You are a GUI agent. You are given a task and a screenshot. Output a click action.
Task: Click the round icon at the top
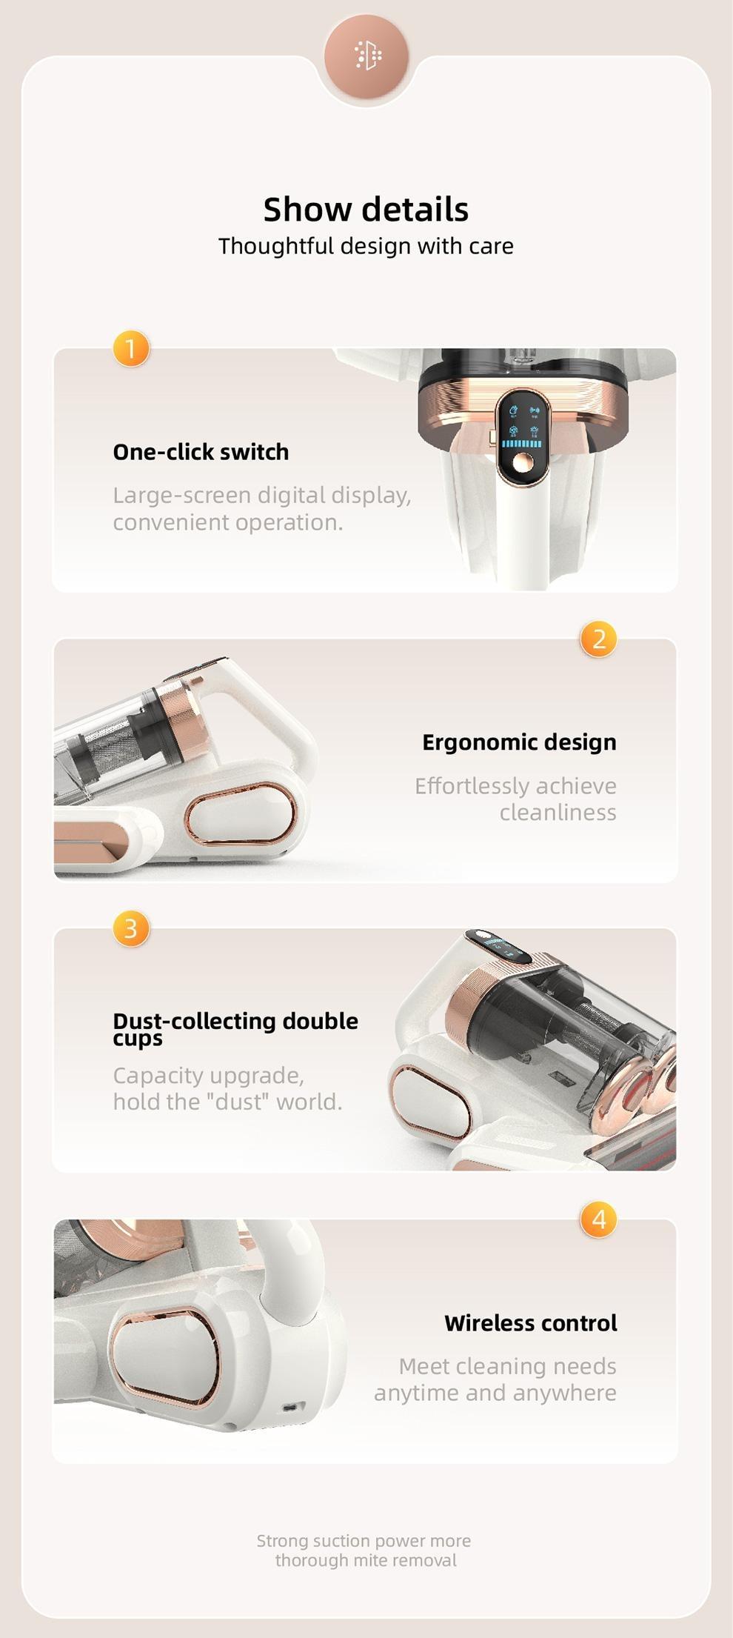coord(366,56)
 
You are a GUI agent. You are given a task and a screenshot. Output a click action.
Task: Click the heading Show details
coord(366,210)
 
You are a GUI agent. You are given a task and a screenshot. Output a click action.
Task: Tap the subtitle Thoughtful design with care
coord(366,246)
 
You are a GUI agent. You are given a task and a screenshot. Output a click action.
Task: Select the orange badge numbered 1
coord(131,348)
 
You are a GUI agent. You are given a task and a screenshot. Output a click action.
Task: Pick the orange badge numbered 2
coord(598,639)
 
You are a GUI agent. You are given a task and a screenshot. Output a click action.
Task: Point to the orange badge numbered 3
coord(131,928)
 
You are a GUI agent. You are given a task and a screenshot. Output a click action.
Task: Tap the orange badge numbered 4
coord(598,1219)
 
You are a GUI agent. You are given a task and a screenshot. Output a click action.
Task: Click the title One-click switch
coord(201,452)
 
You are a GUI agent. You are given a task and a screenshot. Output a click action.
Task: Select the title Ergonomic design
coord(519,742)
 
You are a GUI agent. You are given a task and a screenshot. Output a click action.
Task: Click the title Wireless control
coord(530,1323)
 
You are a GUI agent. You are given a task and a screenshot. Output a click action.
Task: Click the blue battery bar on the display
coord(521,444)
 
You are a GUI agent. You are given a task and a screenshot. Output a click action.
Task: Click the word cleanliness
coord(558,813)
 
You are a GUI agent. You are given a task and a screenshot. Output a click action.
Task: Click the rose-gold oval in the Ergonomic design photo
coord(240,813)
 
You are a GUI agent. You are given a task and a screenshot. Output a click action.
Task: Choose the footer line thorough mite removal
coord(366,1560)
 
